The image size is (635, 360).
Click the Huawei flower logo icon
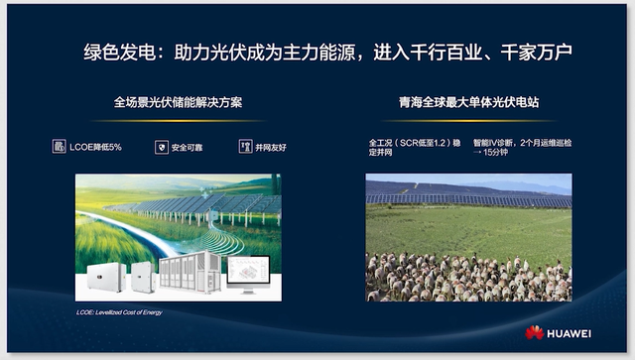pyautogui.click(x=536, y=331)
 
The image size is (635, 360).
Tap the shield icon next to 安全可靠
pyautogui.click(x=161, y=147)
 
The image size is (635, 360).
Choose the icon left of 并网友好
pyautogui.click(x=244, y=147)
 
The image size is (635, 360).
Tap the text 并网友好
pyautogui.click(x=270, y=147)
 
